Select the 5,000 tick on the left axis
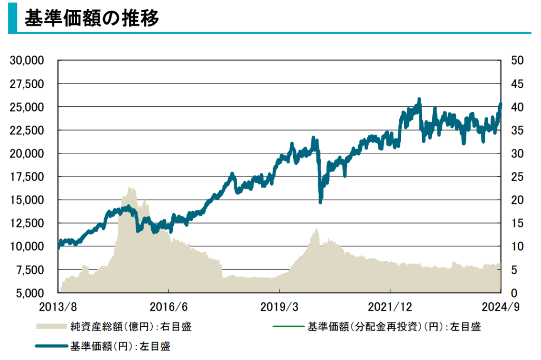click(30, 293)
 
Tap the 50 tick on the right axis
click(517, 60)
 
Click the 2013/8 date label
click(58, 307)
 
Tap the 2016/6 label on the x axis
click(168, 307)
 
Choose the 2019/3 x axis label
click(278, 307)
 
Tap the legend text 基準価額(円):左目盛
click(120, 347)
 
